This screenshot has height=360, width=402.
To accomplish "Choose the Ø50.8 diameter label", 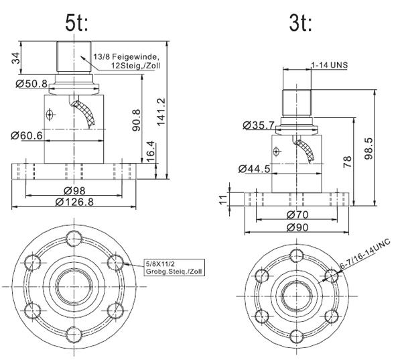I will tap(31, 84).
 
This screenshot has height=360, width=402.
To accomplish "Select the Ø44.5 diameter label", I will tap(255, 169).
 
